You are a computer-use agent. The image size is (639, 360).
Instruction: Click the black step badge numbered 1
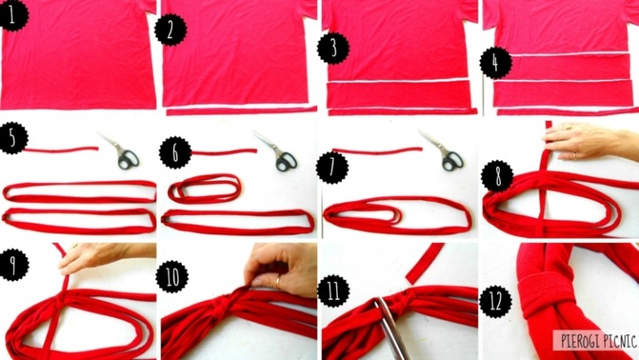tap(12, 17)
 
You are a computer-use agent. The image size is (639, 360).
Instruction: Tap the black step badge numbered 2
tap(171, 30)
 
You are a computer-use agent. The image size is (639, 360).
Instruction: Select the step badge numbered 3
tap(334, 48)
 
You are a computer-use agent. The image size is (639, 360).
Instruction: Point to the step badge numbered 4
tap(496, 63)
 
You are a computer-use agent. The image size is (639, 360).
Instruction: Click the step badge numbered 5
tap(12, 139)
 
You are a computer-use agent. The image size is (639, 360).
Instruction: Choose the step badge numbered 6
tap(176, 152)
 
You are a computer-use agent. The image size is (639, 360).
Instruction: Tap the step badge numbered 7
tap(332, 167)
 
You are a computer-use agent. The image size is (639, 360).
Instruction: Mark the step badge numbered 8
tap(498, 176)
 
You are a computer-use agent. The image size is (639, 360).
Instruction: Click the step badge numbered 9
tap(13, 264)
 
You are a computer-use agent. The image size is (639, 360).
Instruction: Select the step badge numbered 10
tap(172, 277)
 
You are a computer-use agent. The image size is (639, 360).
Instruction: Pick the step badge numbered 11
tap(334, 291)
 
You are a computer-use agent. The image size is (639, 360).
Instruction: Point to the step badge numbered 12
tap(496, 302)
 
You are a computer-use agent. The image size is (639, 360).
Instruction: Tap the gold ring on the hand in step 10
tap(279, 282)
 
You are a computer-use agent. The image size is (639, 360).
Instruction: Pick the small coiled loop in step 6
tap(204, 189)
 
